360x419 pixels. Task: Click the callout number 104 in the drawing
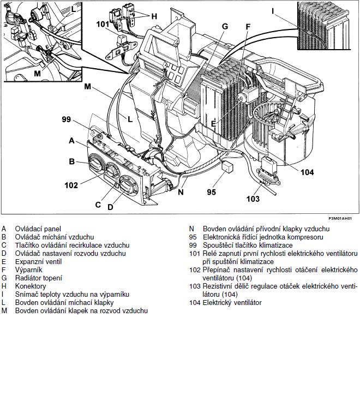pyautogui.click(x=307, y=172)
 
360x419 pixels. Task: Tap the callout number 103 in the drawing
pyautogui.click(x=253, y=199)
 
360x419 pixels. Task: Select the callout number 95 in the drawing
pyautogui.click(x=212, y=192)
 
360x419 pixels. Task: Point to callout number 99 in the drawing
pyautogui.click(x=67, y=119)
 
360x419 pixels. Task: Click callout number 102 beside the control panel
pyautogui.click(x=71, y=185)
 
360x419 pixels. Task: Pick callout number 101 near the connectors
pyautogui.click(x=103, y=24)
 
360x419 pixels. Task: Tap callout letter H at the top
pyautogui.click(x=154, y=16)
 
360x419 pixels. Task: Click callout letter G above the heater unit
pyautogui.click(x=225, y=26)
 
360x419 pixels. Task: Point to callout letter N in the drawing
pyautogui.click(x=181, y=191)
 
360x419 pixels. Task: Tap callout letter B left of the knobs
pyautogui.click(x=71, y=161)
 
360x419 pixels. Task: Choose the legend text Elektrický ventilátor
pyautogui.click(x=232, y=302)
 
